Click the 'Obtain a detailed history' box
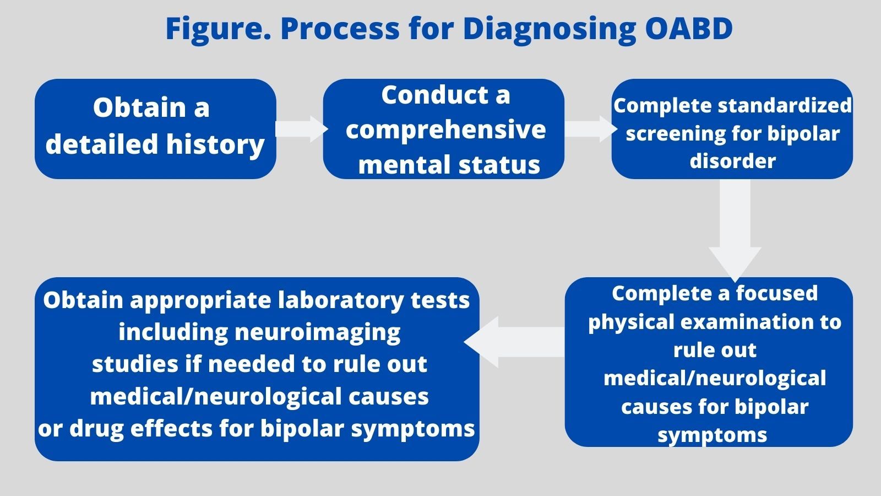click(155, 128)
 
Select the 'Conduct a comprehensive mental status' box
click(443, 128)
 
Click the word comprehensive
click(445, 130)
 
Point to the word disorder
click(732, 161)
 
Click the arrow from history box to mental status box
click(301, 129)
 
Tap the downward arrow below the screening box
click(735, 231)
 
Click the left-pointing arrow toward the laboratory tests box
click(512, 342)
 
